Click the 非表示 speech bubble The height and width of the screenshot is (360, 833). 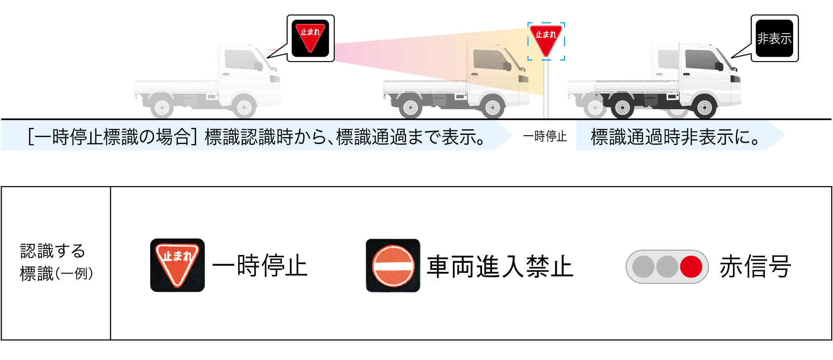[x=774, y=38]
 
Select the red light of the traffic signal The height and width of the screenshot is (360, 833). [x=691, y=266]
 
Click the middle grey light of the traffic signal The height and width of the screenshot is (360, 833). [x=667, y=266]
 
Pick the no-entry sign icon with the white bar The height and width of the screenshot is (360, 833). [x=393, y=266]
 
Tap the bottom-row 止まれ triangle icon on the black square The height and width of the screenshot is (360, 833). [x=177, y=265]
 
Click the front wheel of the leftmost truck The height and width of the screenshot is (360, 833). [x=244, y=107]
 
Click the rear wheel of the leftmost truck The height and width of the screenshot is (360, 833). [x=162, y=107]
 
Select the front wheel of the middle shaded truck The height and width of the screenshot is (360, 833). [x=492, y=107]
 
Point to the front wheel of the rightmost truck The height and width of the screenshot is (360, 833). [x=704, y=107]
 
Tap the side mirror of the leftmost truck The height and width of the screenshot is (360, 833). [x=259, y=66]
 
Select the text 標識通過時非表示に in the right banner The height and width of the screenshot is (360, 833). [x=675, y=137]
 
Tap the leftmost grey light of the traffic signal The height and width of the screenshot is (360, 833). [x=643, y=266]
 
